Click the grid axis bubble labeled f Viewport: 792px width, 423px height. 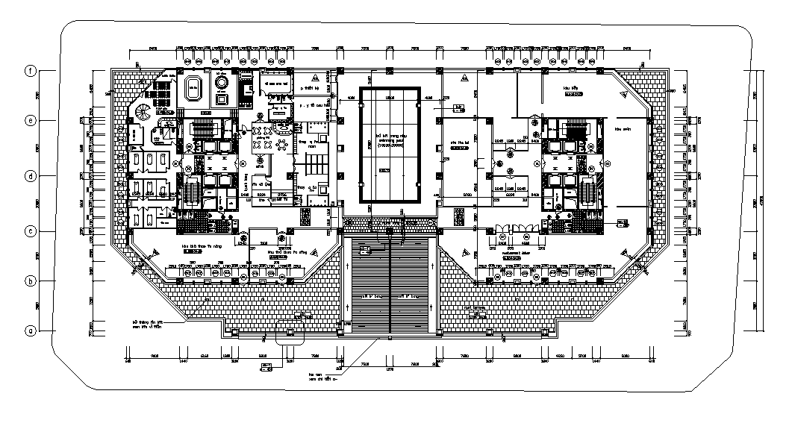31,71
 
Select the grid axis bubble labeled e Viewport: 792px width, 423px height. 31,120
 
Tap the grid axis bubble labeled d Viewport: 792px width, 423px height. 31,176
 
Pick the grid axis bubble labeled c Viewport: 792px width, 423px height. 31,232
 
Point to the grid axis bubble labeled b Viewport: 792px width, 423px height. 31,281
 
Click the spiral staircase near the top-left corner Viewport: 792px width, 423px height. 140,113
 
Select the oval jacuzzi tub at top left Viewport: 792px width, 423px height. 195,87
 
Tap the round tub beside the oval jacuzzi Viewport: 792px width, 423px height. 221,82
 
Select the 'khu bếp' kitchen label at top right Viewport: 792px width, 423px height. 573,90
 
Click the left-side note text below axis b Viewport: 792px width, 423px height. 145,325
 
